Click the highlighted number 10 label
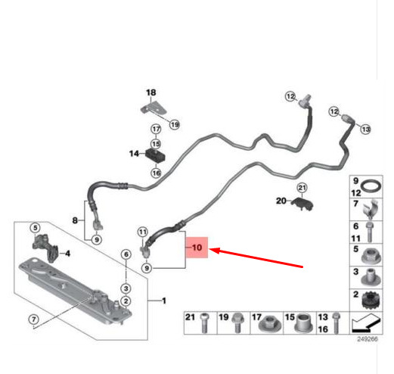coord(197,248)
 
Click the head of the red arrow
coord(211,250)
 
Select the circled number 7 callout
coord(34,319)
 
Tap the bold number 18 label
coord(151,92)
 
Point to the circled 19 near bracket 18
coord(175,124)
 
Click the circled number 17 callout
coord(156,129)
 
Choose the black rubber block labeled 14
coord(156,155)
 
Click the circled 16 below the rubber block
coord(156,173)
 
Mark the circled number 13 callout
coord(365,129)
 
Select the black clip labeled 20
coord(302,203)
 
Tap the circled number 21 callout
coord(302,188)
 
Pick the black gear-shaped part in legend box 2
coord(371,300)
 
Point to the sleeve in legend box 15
coord(304,323)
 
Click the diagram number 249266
coord(368,339)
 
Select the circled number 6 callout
coord(126,254)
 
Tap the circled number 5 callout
coord(36,228)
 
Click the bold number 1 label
coord(164,301)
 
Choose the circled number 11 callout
coord(143,232)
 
